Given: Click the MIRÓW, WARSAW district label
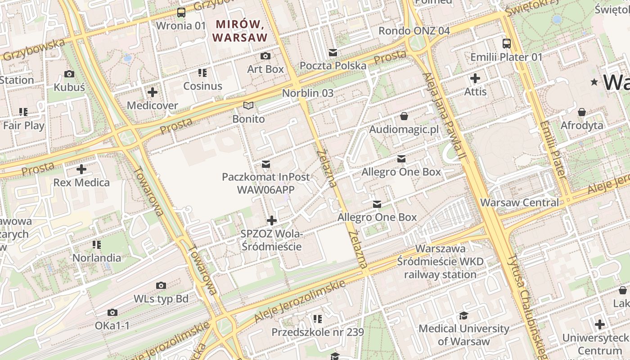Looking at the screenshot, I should click(240, 31).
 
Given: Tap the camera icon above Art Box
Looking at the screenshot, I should click(265, 56).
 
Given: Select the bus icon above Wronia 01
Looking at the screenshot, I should click(181, 13).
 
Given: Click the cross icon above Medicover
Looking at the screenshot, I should click(153, 92).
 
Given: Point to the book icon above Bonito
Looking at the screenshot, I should click(248, 106).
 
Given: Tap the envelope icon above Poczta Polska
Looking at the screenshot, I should click(333, 53).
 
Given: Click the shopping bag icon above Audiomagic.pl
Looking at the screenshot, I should click(404, 116).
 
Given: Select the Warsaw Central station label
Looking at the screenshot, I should click(519, 202).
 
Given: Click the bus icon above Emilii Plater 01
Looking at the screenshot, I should click(507, 44).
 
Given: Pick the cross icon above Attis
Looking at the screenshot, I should click(475, 78).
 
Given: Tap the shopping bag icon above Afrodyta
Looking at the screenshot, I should click(582, 112).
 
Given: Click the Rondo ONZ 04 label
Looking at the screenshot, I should click(414, 31).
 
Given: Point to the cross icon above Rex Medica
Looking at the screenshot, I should click(81, 169).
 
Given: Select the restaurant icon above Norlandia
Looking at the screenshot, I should click(97, 245).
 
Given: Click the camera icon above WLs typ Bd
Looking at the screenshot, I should click(161, 285).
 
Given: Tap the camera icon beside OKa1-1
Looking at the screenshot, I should click(112, 312).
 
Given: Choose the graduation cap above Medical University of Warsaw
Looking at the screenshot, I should click(464, 315).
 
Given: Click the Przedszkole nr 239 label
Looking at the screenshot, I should click(317, 332).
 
